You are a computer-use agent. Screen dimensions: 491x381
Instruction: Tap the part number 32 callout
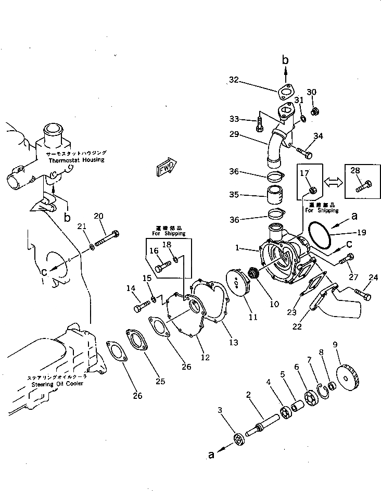(234, 80)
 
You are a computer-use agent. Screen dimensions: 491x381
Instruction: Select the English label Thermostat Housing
(76, 160)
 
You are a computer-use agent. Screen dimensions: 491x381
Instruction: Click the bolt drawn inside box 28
(362, 186)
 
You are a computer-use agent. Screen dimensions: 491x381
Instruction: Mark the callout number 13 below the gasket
(234, 342)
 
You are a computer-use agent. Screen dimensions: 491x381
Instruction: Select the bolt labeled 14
(141, 306)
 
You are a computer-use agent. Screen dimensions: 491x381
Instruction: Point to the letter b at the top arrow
(285, 60)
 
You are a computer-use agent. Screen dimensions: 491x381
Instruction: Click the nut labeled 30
(315, 111)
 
